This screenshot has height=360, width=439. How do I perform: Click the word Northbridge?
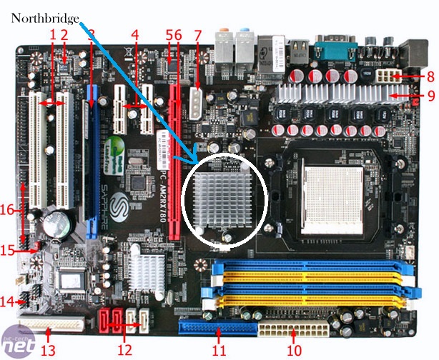click(45, 19)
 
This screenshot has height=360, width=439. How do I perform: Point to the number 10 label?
click(295, 350)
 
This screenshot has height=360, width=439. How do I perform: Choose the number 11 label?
click(219, 350)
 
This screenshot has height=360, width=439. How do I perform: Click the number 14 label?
click(7, 301)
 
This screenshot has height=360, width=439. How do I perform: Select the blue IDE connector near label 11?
click(219, 331)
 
